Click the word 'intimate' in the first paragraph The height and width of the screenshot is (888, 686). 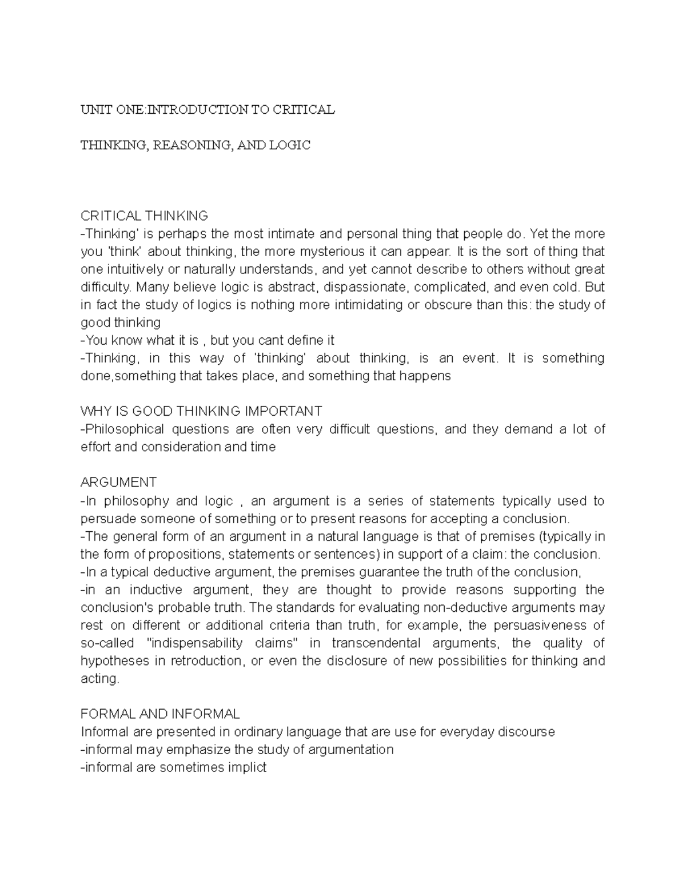click(x=291, y=234)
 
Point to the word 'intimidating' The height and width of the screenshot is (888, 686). click(x=367, y=305)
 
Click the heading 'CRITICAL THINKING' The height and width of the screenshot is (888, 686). click(x=144, y=216)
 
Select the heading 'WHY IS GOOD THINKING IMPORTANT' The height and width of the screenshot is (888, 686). click(x=201, y=411)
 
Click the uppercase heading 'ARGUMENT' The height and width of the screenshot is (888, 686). click(x=118, y=483)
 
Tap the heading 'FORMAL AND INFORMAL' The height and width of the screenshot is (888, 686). click(x=160, y=714)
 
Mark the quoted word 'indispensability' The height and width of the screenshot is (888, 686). click(x=195, y=643)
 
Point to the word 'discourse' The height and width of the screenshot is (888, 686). click(x=526, y=732)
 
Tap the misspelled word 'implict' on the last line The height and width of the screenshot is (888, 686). click(x=245, y=767)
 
